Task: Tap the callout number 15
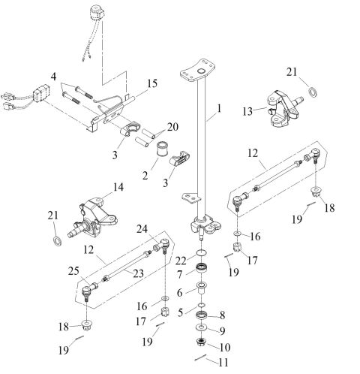pyautogui.click(x=152, y=84)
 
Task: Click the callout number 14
pyautogui.click(x=116, y=186)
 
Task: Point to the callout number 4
pyautogui.click(x=52, y=77)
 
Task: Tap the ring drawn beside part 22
pyautogui.click(x=201, y=252)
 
